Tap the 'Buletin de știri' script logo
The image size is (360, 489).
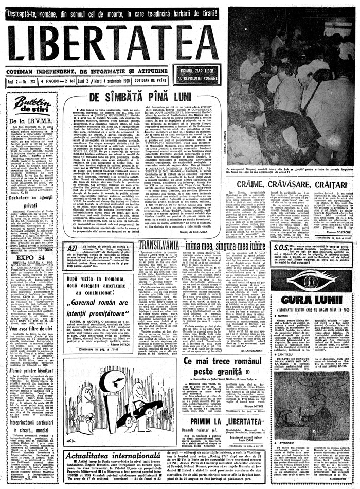click(x=32, y=106)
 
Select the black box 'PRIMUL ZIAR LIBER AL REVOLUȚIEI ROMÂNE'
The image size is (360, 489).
click(x=197, y=74)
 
